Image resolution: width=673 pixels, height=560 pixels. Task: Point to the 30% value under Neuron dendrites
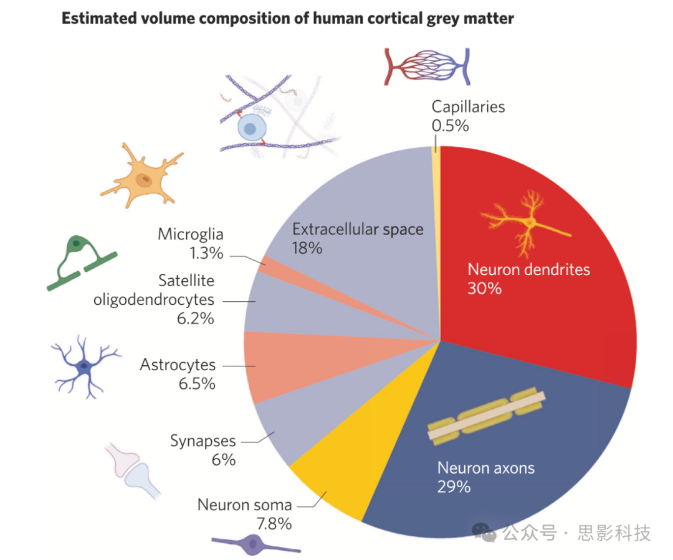click(x=484, y=289)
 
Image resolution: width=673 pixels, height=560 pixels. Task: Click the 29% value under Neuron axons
click(x=454, y=487)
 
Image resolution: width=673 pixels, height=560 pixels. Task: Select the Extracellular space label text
click(x=358, y=229)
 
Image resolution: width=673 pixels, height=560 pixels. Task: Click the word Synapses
click(x=203, y=441)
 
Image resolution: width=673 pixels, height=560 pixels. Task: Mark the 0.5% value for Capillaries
click(x=450, y=125)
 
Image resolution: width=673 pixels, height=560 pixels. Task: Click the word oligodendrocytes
click(x=154, y=299)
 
